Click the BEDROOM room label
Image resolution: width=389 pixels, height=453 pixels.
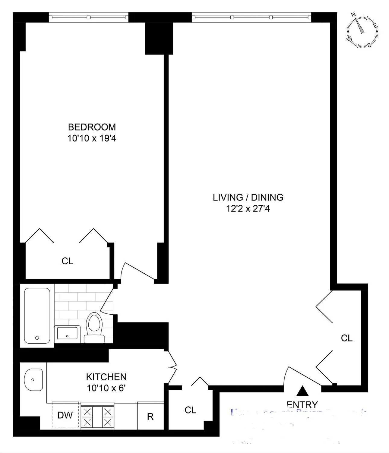click(x=92, y=127)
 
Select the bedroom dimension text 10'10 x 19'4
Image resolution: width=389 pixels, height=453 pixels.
click(x=92, y=138)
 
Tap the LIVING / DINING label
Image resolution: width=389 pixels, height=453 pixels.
click(x=248, y=197)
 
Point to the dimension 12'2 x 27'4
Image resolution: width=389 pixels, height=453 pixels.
click(x=248, y=209)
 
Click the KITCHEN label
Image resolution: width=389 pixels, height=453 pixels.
click(x=106, y=377)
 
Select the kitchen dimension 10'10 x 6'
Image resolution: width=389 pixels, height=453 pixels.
click(x=106, y=388)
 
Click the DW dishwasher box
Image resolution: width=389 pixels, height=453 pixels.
click(x=65, y=415)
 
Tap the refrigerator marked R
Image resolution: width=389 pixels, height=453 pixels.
click(x=150, y=416)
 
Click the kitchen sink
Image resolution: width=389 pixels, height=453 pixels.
click(x=33, y=379)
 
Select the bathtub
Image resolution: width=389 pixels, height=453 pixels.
click(x=37, y=316)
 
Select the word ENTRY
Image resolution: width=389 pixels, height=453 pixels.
click(x=302, y=404)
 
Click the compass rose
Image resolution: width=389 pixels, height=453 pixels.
click(x=362, y=31)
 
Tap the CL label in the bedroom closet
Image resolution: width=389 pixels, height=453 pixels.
click(x=67, y=261)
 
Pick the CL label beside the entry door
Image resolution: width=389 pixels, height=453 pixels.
click(x=346, y=338)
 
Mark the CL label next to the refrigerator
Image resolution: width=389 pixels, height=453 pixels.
click(x=190, y=410)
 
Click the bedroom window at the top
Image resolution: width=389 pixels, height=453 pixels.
click(x=89, y=17)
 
